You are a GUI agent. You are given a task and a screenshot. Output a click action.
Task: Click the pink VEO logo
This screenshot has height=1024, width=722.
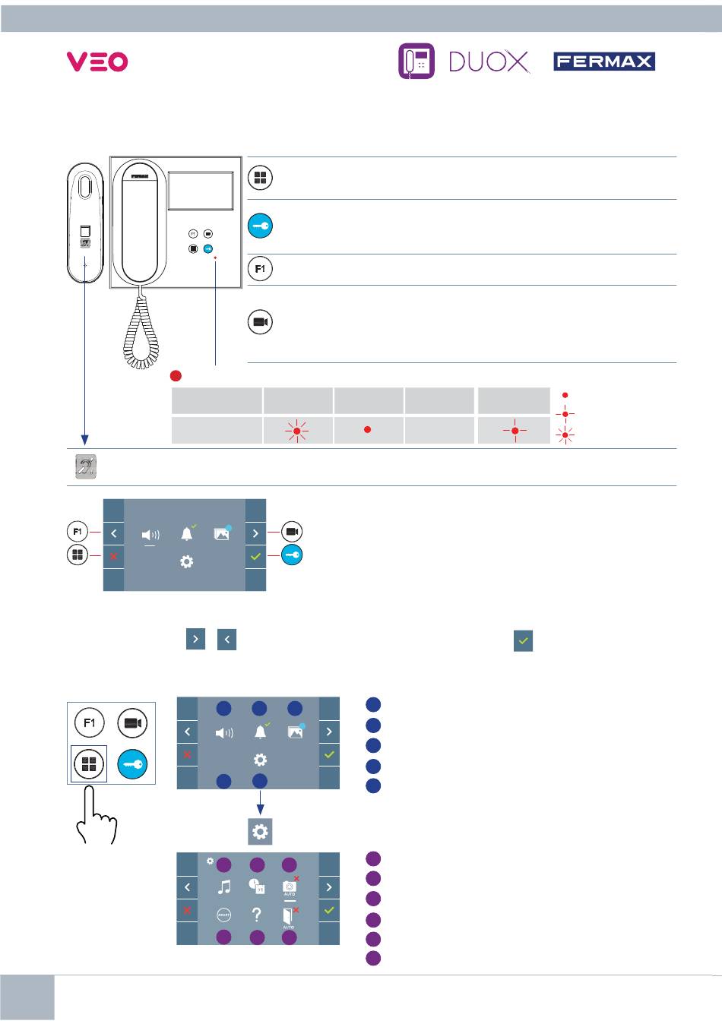pyautogui.click(x=97, y=62)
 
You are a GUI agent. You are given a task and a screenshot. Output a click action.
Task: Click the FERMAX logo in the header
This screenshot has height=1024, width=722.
pyautogui.click(x=604, y=62)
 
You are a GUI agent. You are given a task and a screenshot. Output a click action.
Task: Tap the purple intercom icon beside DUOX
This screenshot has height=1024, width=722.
pyautogui.click(x=416, y=62)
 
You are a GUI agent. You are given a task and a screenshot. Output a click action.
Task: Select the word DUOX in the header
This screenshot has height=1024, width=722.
pyautogui.click(x=489, y=62)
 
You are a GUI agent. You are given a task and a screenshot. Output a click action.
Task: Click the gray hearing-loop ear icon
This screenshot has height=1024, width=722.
pyautogui.click(x=86, y=466)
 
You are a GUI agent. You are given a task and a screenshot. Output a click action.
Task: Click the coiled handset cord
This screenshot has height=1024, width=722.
pyautogui.click(x=141, y=330)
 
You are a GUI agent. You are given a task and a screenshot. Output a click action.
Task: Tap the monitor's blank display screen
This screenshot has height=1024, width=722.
pyautogui.click(x=201, y=191)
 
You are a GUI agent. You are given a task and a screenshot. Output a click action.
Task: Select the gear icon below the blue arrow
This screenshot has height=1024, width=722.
pyautogui.click(x=260, y=831)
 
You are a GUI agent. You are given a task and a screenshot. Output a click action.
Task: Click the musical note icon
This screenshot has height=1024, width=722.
pyautogui.click(x=224, y=887)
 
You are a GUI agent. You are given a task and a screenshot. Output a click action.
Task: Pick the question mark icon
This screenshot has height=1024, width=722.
pyautogui.click(x=257, y=915)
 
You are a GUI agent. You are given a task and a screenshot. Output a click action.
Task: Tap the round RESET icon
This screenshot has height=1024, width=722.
pyautogui.click(x=223, y=915)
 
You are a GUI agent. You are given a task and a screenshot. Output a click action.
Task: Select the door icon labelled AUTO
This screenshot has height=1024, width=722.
pyautogui.click(x=290, y=917)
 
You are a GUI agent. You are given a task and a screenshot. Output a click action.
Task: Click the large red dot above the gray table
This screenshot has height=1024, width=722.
pyautogui.click(x=176, y=376)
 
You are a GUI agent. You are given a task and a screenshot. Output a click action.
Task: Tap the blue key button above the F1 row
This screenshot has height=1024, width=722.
pyautogui.click(x=260, y=226)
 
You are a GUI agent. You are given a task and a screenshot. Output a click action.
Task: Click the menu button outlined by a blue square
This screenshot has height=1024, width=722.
pyautogui.click(x=89, y=763)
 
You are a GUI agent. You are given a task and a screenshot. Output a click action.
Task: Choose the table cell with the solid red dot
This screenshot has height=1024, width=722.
pyautogui.click(x=368, y=430)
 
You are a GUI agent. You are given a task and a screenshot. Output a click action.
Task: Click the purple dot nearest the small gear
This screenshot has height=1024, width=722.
pyautogui.click(x=223, y=864)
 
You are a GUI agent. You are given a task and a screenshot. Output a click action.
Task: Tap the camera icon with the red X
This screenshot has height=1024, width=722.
pyautogui.click(x=290, y=886)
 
